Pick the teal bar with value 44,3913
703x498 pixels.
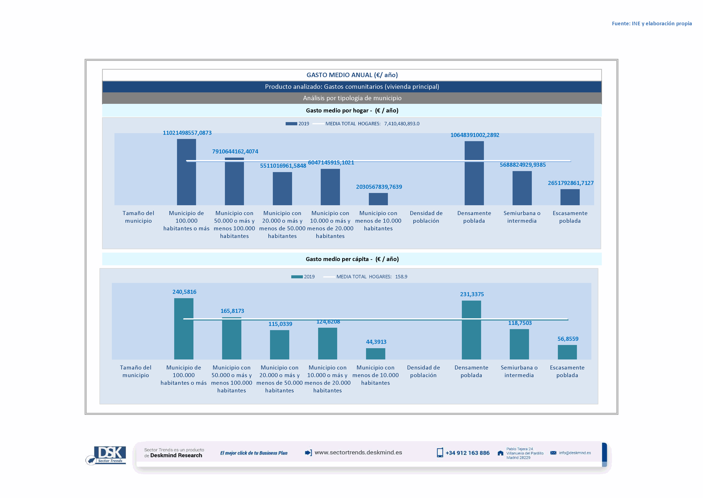coord(375,354)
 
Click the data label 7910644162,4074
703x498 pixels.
coord(235,151)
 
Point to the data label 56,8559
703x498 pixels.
coord(568,339)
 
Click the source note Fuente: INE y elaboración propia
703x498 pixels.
coord(651,24)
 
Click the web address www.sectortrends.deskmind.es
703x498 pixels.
coord(358,453)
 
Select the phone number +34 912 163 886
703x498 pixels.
coord(467,453)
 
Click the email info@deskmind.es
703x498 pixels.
coord(575,453)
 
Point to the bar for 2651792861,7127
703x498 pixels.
coord(570,197)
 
